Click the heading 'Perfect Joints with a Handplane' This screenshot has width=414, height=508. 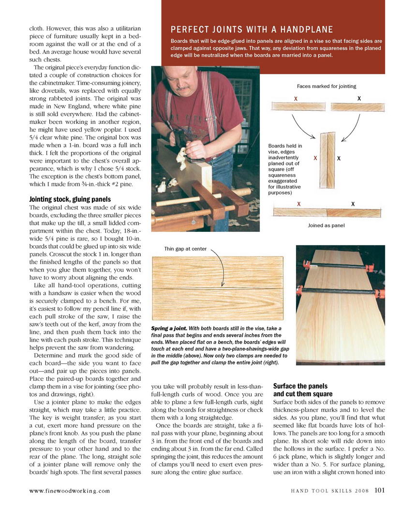[251, 30]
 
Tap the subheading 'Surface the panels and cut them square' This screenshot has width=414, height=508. [301, 390]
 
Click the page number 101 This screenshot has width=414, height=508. [379, 490]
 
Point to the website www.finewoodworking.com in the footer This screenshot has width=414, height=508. [70, 491]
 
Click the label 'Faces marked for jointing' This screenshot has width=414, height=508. [326, 86]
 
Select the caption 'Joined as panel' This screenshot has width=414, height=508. [327, 225]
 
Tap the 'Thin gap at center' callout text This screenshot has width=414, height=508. [185, 249]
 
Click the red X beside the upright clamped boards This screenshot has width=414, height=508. [315, 158]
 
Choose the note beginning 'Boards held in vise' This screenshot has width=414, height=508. [285, 169]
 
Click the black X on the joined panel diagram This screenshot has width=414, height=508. [353, 204]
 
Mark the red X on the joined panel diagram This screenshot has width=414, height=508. [299, 204]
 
